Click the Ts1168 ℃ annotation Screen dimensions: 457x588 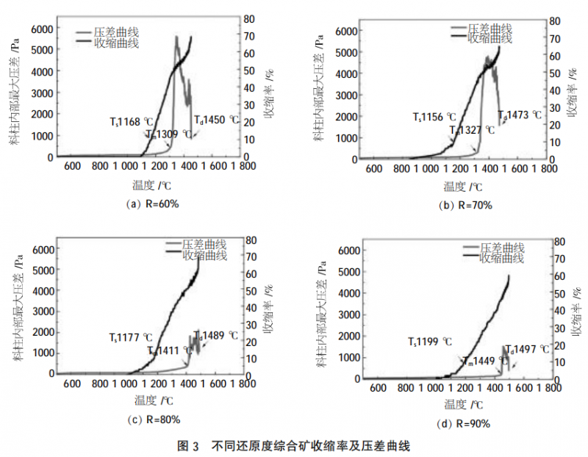click(132, 121)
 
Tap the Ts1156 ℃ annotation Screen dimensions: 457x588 click(434, 117)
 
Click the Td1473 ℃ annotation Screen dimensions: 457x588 click(520, 115)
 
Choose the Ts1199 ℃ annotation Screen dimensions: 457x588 click(430, 342)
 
